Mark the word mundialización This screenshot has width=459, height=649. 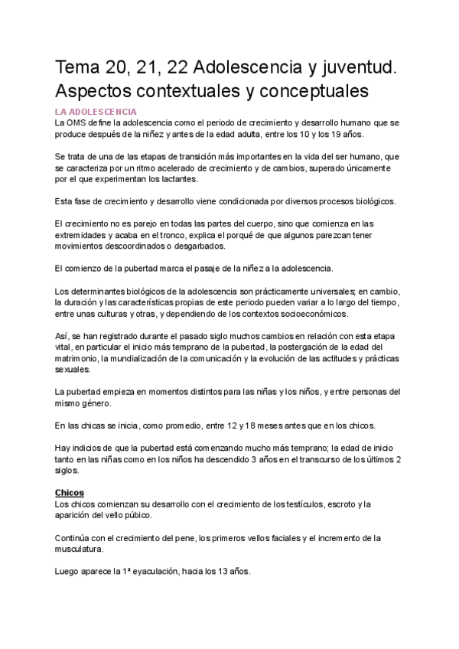pos(136,359)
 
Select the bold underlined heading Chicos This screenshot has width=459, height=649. pos(70,492)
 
